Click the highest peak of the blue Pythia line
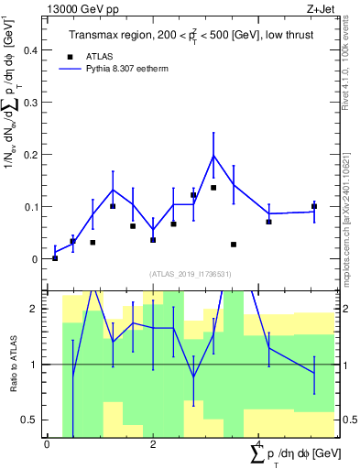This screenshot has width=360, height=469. point(213,156)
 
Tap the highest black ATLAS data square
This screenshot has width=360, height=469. point(213,188)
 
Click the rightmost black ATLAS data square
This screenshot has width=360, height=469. point(314,207)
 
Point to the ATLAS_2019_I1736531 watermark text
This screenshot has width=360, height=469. point(191,274)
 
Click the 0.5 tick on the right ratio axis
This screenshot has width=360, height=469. point(347,420)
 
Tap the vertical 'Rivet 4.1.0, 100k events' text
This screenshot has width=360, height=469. point(352,55)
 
